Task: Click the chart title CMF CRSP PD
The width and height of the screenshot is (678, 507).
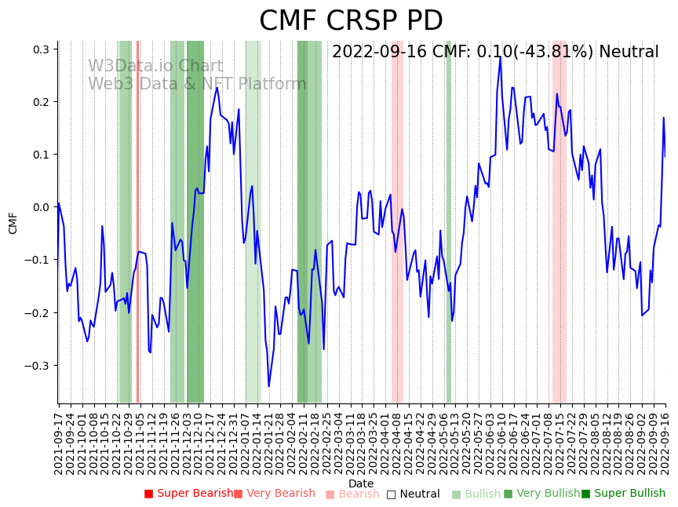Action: pyautogui.click(x=351, y=21)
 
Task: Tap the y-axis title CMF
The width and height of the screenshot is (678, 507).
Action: pyautogui.click(x=13, y=223)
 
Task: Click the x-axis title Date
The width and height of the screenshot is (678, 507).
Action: pyautogui.click(x=361, y=483)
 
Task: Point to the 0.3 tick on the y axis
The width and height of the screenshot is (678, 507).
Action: pyautogui.click(x=40, y=49)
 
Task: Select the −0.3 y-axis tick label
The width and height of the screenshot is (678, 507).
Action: pyautogui.click(x=38, y=366)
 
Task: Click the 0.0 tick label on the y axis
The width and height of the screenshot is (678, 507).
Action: pyautogui.click(x=40, y=207)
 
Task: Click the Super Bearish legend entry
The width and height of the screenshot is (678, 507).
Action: pyautogui.click(x=188, y=494)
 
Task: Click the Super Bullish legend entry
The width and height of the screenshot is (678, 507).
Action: pyautogui.click(x=623, y=494)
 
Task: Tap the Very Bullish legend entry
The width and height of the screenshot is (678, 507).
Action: pyautogui.click(x=541, y=494)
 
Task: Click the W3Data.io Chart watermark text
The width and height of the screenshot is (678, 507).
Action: pyautogui.click(x=155, y=67)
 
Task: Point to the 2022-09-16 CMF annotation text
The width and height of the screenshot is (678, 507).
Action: pyautogui.click(x=495, y=53)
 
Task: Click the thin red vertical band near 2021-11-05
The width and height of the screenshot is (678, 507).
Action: pyautogui.click(x=137, y=220)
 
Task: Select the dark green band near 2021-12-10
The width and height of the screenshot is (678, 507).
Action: pyautogui.click(x=195, y=220)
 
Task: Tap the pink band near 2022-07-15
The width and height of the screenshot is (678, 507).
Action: pyautogui.click(x=559, y=220)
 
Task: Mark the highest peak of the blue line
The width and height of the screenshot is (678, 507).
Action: pyautogui.click(x=499, y=57)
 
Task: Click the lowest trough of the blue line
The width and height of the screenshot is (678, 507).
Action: pyautogui.click(x=268, y=386)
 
